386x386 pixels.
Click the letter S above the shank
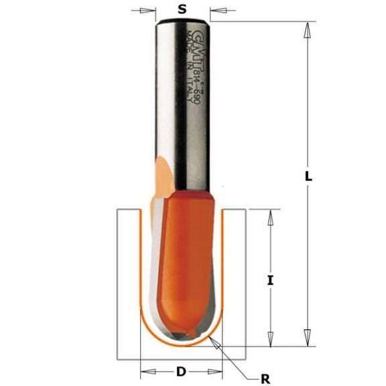coord(181,9)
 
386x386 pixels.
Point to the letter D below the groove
coord(181,371)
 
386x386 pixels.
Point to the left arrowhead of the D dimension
coord(145,371)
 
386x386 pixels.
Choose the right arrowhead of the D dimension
coord(218,371)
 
